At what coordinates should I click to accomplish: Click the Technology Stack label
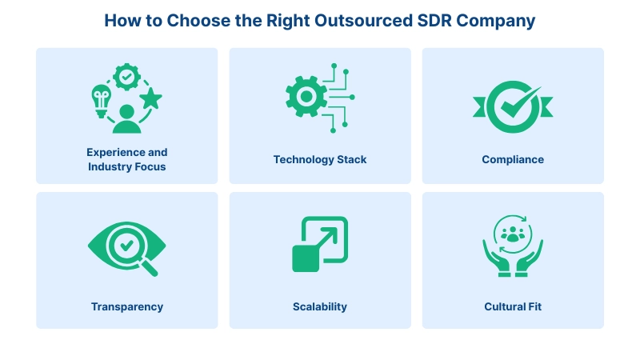[320, 159]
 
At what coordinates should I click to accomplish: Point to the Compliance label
[513, 159]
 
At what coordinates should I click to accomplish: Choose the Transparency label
[127, 306]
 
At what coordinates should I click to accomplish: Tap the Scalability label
[320, 306]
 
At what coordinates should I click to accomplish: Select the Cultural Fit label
[513, 306]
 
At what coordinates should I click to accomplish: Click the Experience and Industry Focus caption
[127, 159]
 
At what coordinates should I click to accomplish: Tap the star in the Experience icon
[150, 99]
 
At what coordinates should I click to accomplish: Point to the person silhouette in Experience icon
[126, 118]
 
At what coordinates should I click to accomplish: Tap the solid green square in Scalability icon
[307, 258]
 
